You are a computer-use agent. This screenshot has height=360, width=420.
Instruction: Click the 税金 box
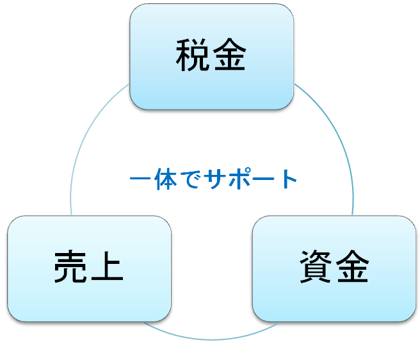(211, 56)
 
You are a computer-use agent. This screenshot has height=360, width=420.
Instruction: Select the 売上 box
(89, 268)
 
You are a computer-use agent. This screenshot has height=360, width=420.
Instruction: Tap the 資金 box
(334, 268)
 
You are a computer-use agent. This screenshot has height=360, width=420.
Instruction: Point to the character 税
(193, 57)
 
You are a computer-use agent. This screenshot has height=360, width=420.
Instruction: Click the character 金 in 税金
(229, 57)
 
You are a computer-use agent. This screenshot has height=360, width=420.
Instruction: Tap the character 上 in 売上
(107, 268)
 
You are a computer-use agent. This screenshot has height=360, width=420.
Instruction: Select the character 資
(316, 268)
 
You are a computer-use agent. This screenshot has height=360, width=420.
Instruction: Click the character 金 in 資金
(352, 268)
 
